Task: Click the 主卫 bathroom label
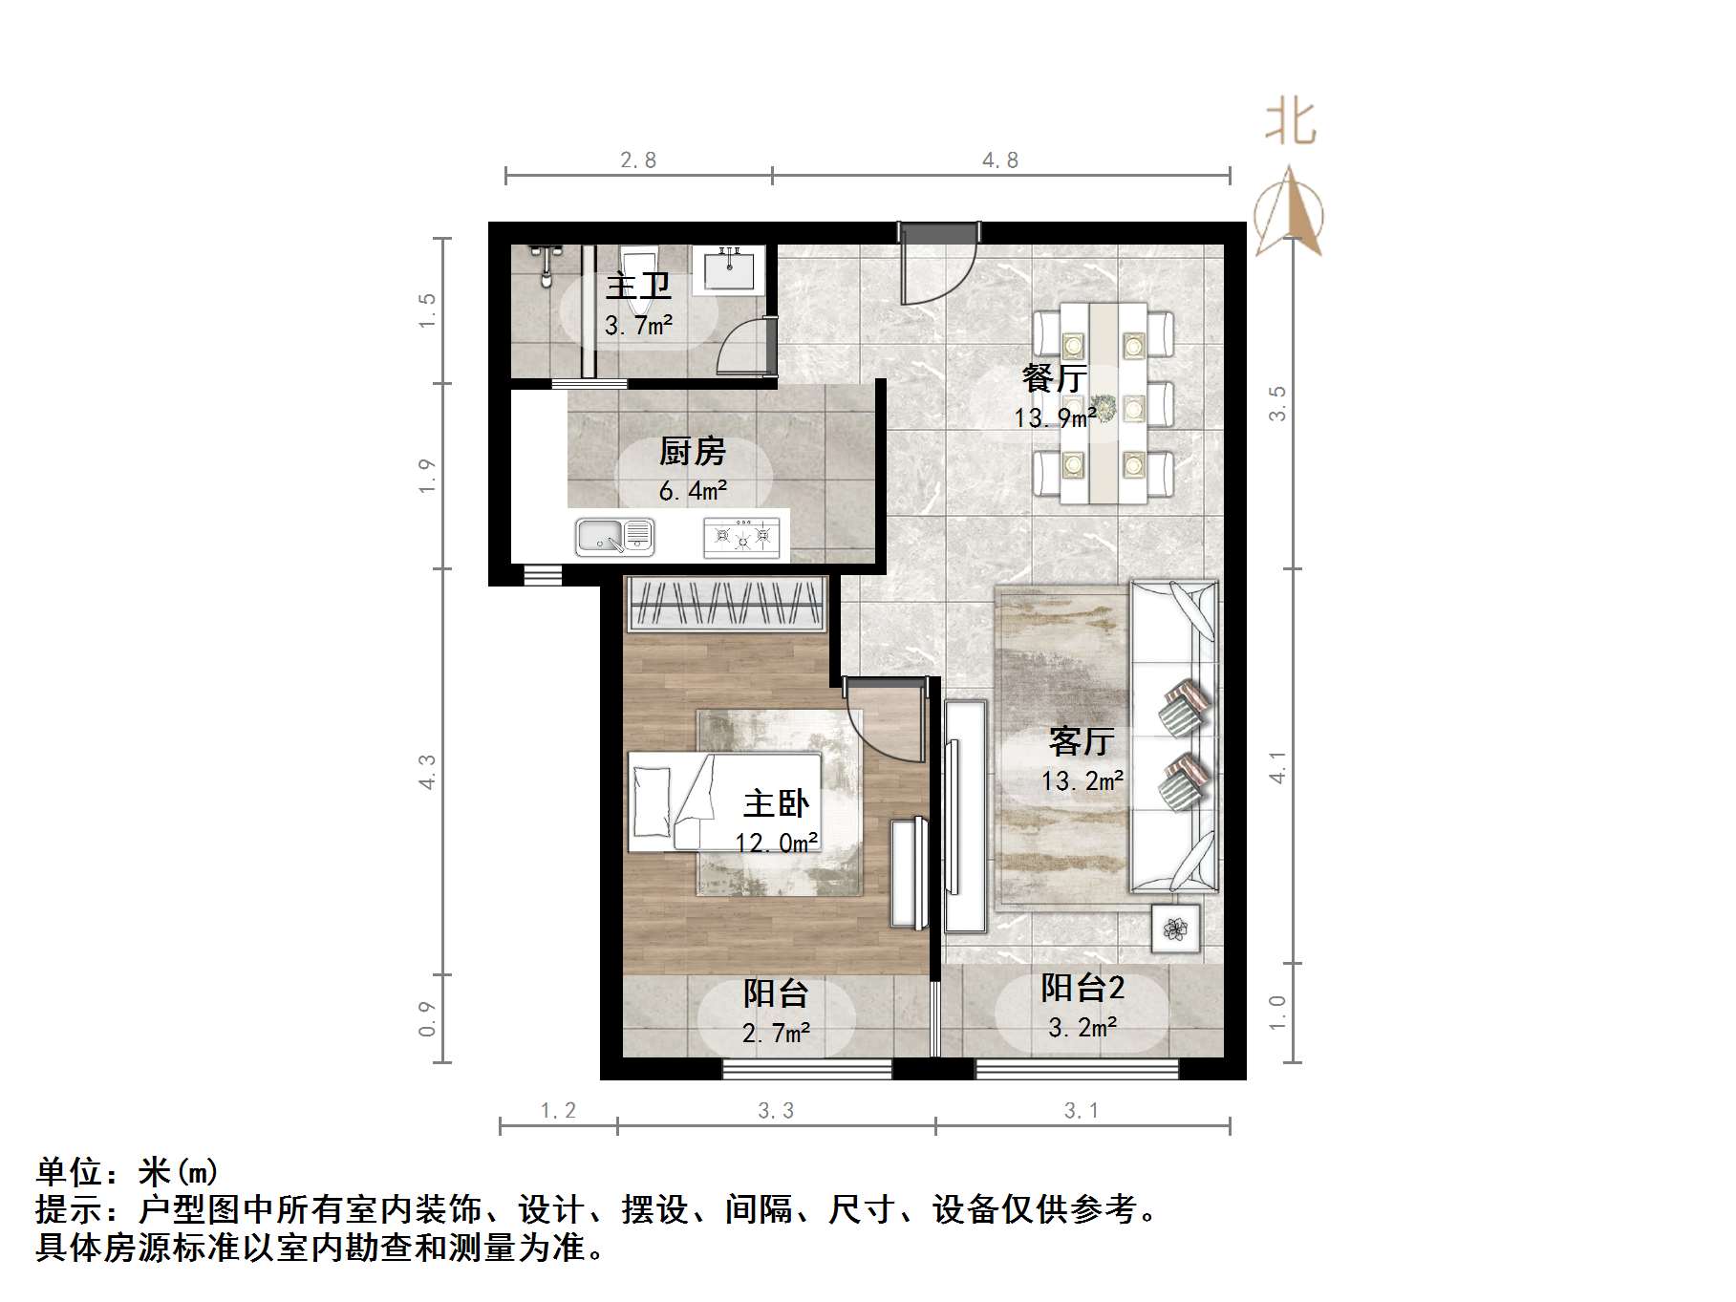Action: [638, 286]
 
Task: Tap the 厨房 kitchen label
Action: [692, 451]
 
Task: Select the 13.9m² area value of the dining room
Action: [1055, 418]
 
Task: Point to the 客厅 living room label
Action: [1082, 741]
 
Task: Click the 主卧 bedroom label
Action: [776, 803]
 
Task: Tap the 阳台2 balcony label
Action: [1082, 988]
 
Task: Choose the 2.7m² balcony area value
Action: [776, 1033]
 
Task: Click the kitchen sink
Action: [614, 537]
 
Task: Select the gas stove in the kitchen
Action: [741, 537]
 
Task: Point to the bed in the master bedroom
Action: [723, 801]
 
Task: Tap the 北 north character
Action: [1291, 123]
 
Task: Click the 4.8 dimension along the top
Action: [1000, 160]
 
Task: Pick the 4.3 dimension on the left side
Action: [426, 772]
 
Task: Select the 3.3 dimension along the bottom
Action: [776, 1110]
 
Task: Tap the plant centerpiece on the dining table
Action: [1105, 409]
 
